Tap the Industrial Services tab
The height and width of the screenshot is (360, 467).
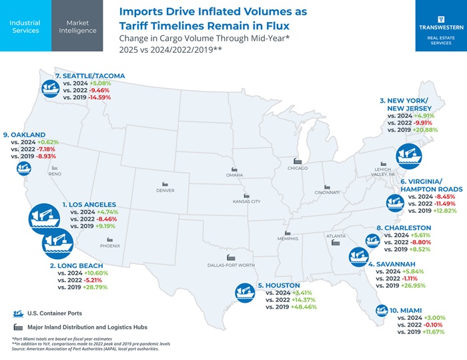click(x=25, y=26)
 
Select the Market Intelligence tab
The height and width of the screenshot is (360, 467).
click(x=77, y=26)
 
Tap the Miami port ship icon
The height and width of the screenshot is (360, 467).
click(x=381, y=311)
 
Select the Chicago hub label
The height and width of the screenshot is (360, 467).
click(x=297, y=168)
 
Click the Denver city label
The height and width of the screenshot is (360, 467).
click(x=165, y=191)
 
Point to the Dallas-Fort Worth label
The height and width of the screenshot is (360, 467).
click(x=231, y=265)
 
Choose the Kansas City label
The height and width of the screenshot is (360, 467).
click(x=246, y=201)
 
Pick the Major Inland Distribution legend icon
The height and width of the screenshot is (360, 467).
click(x=18, y=327)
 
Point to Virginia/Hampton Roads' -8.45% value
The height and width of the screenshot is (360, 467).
click(x=442, y=197)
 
